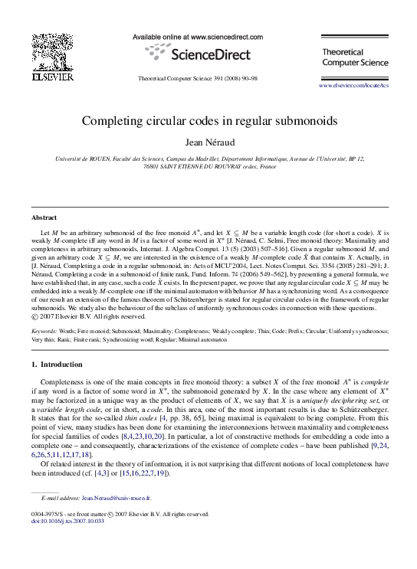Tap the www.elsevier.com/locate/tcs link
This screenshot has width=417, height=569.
[358, 86]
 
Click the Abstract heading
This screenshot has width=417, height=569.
[41, 217]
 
